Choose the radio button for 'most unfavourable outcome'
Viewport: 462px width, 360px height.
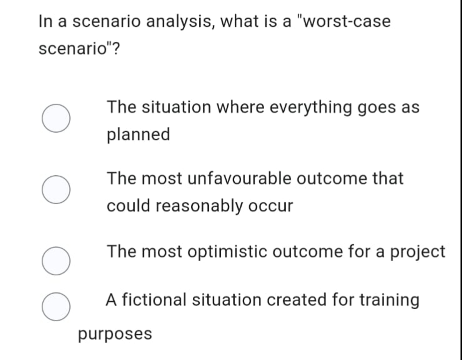tap(55, 192)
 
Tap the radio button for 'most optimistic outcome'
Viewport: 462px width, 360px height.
tap(55, 262)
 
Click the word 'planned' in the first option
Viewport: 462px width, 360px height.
tap(138, 134)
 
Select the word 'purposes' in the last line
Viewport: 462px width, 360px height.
tap(115, 333)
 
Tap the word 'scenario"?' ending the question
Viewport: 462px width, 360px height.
tap(78, 49)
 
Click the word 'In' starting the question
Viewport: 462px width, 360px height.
tap(44, 21)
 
